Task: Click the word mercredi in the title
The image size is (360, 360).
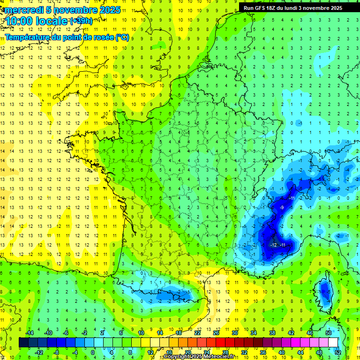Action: point(24,10)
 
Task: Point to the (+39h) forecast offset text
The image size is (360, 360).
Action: point(81,21)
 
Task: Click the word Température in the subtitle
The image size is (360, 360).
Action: point(28,37)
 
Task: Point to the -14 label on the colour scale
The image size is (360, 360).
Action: point(30,332)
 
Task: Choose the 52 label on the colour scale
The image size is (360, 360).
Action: point(337,352)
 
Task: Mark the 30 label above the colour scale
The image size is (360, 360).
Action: point(234,332)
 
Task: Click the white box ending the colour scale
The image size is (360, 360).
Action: point(333,342)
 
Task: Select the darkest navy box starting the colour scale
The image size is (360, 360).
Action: point(23,342)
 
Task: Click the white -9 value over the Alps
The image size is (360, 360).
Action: point(281,207)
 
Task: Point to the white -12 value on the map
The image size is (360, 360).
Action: point(274,245)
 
